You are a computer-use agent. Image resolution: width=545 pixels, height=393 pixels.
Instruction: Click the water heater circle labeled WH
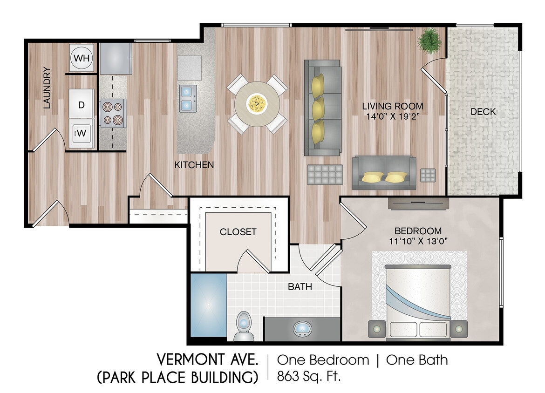82,58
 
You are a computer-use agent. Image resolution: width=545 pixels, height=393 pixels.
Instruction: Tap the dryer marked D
82,105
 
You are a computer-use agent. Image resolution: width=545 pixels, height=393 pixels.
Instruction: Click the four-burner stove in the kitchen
113,113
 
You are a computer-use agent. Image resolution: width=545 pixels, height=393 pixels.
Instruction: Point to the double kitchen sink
188,98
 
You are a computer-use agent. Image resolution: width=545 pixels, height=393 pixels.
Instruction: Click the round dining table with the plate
257,103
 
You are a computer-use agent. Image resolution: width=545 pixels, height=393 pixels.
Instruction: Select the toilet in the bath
243,325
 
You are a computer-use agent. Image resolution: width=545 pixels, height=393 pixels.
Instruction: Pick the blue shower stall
208,305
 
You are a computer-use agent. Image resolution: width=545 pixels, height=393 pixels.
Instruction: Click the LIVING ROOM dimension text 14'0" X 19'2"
393,116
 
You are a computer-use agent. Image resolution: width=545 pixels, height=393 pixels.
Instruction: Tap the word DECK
483,112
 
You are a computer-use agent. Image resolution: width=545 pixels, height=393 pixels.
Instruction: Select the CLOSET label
238,232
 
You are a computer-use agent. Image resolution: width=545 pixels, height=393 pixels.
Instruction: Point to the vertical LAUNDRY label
47,88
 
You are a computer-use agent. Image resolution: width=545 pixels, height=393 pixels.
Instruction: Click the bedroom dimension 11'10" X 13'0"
418,241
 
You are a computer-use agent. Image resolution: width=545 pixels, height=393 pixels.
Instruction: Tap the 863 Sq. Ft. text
309,375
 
